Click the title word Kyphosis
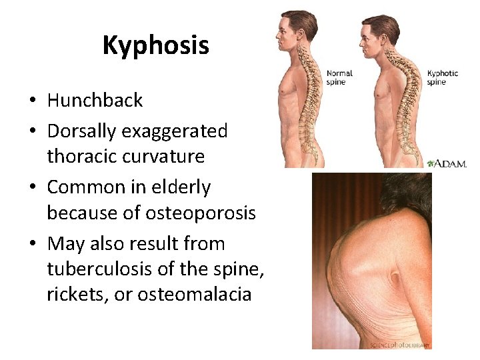click(x=155, y=45)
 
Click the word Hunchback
click(x=95, y=101)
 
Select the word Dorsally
click(x=81, y=131)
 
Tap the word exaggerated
click(x=175, y=131)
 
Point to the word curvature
click(x=169, y=157)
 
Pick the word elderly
click(x=179, y=188)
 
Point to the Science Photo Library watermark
click(x=400, y=345)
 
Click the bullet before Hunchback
click(x=32, y=101)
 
